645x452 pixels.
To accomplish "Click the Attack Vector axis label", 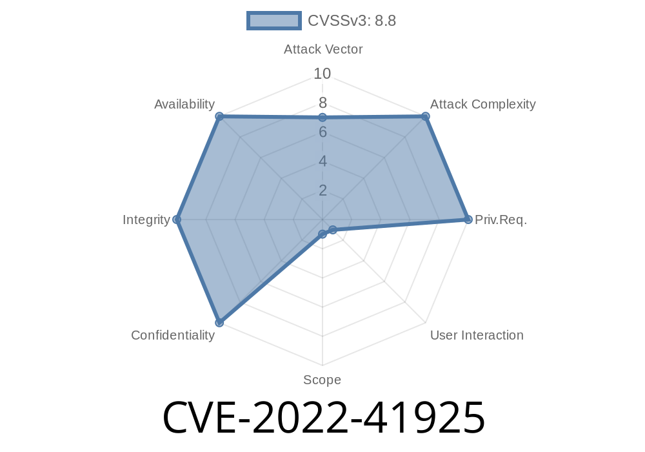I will (323, 49).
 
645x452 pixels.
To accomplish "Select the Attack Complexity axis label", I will (482, 104).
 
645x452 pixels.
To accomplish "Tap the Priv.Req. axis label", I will (501, 220).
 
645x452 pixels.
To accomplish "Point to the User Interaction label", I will (477, 334).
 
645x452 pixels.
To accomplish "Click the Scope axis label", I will (322, 380).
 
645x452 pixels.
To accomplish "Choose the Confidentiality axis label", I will (173, 334).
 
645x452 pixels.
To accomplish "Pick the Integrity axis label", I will (146, 220).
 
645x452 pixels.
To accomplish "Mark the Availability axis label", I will (184, 104).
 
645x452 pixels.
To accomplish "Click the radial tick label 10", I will (322, 74).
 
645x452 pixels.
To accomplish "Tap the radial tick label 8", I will (322, 103).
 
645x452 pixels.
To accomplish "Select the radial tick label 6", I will (322, 132).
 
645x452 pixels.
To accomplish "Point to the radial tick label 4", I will (322, 161).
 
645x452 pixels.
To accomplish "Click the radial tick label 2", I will (322, 190).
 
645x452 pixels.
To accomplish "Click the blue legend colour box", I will (273, 21).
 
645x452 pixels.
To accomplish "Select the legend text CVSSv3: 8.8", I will (352, 21).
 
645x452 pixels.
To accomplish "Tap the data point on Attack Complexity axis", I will (426, 116).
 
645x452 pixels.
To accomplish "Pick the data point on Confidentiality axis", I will (219, 322).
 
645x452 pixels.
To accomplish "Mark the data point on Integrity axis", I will (176, 220).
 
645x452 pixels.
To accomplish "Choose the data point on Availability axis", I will (219, 116).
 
